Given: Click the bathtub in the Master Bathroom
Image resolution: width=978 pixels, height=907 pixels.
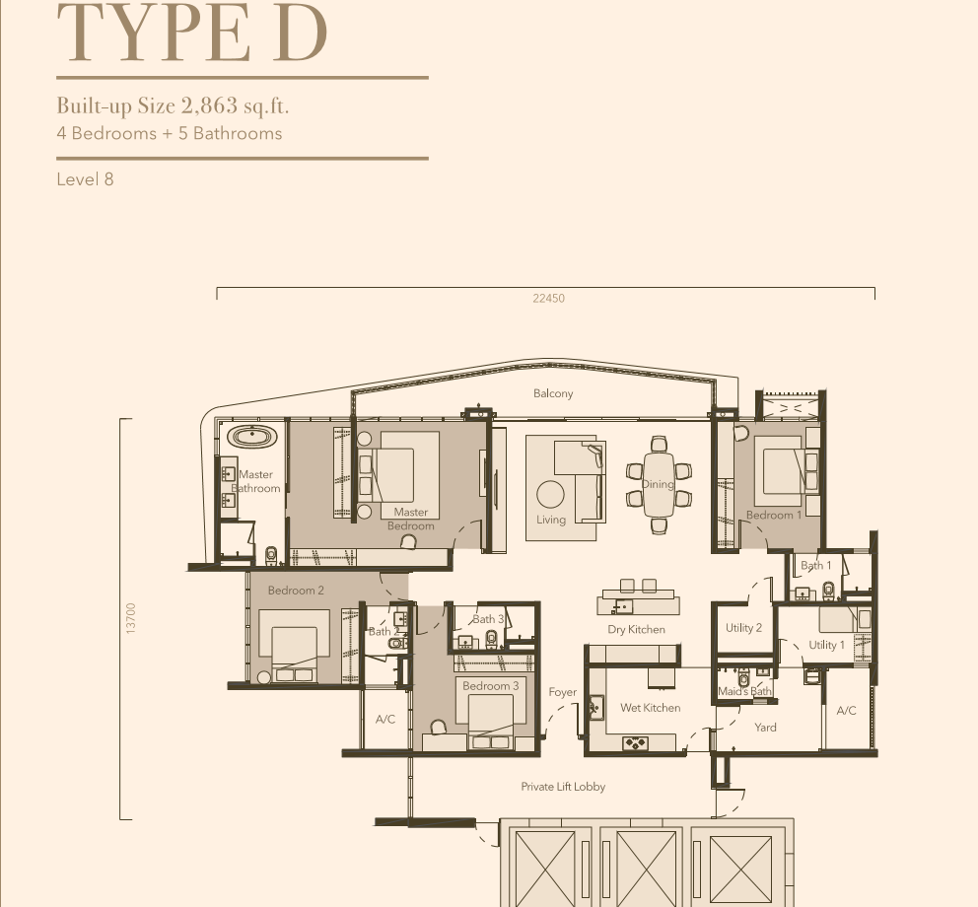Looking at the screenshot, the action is (252, 437).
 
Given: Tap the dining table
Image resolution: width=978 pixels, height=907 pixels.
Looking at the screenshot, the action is (659, 484).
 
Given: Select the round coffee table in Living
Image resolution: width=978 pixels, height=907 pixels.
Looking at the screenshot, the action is (550, 495).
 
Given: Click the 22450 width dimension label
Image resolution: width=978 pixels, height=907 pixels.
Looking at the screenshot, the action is (549, 298).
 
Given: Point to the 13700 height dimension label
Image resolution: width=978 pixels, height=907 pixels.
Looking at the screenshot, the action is (130, 618).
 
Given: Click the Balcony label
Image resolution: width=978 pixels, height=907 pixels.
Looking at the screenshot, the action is (553, 393).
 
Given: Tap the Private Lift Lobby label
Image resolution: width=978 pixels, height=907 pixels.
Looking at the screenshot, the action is (563, 787).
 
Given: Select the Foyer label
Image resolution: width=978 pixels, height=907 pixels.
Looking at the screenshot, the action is (563, 692).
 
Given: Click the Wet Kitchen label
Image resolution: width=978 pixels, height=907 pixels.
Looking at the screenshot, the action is (651, 708).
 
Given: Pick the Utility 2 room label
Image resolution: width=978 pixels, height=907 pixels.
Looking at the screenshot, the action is (743, 628).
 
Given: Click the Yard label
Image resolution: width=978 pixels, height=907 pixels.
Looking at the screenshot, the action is (765, 728).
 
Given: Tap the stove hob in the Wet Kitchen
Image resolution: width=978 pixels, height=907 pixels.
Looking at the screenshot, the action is (636, 743).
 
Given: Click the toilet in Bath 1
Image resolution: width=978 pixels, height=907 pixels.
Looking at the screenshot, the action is (828, 590).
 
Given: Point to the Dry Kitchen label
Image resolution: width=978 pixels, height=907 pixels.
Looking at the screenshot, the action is (636, 629).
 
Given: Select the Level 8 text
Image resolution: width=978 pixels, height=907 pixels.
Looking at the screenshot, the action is (85, 179).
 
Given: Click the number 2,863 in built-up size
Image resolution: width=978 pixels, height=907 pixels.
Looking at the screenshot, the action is (210, 105).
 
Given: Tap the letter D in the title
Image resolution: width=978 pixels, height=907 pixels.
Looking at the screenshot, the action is (300, 33).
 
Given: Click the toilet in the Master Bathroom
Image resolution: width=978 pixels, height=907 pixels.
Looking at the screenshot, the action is (271, 555).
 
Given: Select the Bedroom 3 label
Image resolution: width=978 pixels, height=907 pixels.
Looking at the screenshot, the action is (490, 685).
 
